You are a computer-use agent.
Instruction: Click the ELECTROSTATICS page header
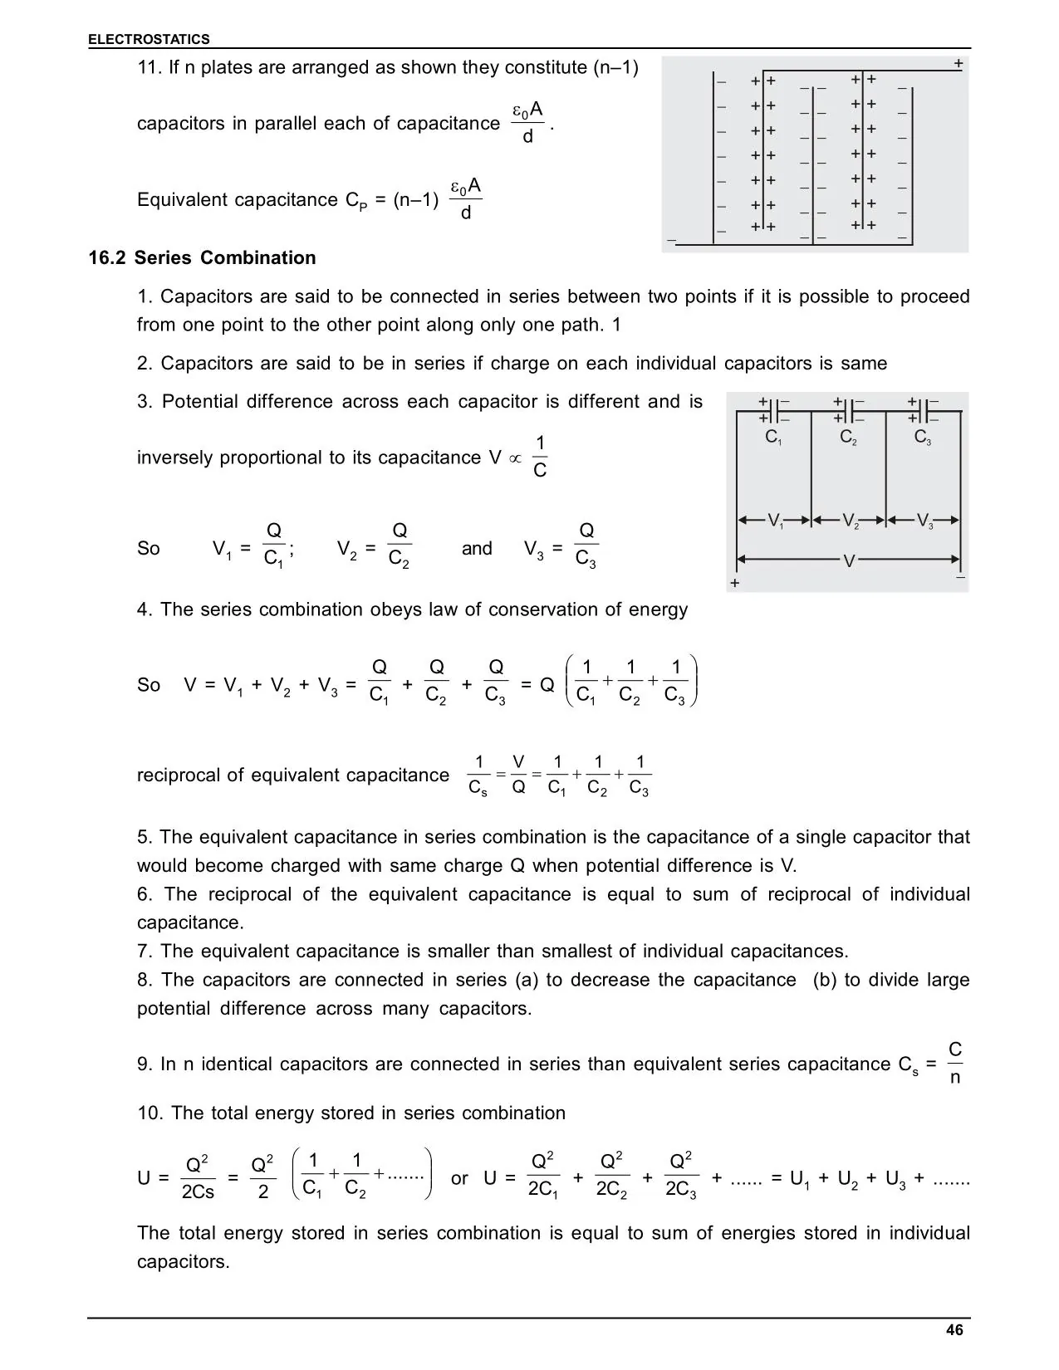click(x=150, y=39)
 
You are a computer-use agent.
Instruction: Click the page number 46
click(x=954, y=1330)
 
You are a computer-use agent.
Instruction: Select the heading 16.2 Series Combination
click(x=203, y=258)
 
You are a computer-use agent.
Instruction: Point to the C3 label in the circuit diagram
click(x=923, y=438)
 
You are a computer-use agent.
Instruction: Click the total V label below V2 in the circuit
click(x=848, y=562)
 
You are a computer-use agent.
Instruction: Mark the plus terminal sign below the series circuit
click(x=734, y=585)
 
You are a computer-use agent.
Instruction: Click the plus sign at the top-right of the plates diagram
click(x=958, y=64)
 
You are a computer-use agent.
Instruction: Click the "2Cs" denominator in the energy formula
click(x=198, y=1192)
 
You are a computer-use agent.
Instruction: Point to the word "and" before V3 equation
click(x=477, y=549)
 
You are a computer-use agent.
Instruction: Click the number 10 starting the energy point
click(x=150, y=1113)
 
